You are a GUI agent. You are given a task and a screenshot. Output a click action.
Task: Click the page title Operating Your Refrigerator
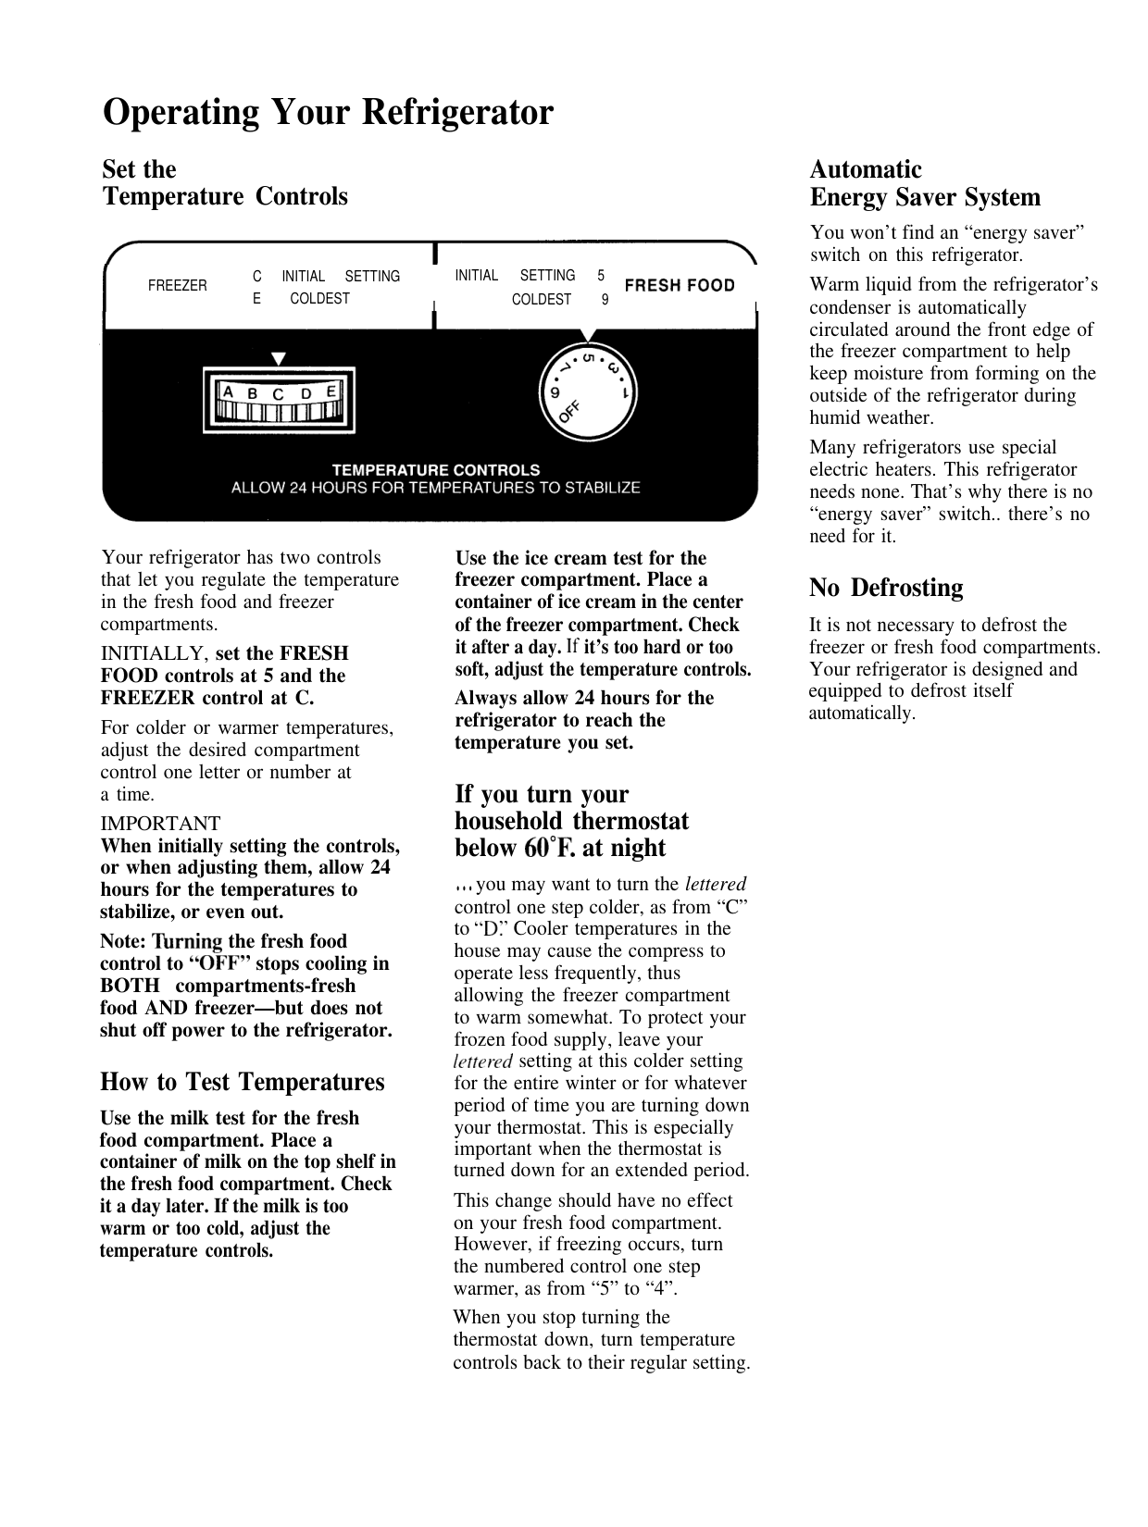click(328, 113)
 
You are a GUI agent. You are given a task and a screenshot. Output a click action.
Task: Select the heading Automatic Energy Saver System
click(924, 183)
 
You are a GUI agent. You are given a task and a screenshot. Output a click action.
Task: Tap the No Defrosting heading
click(885, 588)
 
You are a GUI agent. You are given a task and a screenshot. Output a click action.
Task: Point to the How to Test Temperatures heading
click(242, 1082)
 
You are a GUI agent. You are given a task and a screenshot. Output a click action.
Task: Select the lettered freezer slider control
click(279, 400)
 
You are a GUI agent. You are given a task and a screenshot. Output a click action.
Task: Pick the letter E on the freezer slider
click(331, 391)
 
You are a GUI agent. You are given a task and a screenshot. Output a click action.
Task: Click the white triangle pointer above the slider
click(279, 358)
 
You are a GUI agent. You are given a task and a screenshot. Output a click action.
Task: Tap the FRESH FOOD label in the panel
click(680, 286)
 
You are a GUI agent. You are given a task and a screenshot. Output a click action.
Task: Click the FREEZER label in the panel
click(178, 286)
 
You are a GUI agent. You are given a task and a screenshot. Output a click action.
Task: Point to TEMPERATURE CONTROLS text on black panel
click(435, 470)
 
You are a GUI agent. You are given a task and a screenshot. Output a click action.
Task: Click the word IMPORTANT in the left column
click(160, 824)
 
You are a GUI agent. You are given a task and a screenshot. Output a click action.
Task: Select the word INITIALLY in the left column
click(154, 653)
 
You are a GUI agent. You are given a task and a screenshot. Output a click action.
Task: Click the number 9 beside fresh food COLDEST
click(605, 300)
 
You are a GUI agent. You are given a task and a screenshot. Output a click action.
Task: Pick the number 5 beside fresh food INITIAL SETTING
click(601, 276)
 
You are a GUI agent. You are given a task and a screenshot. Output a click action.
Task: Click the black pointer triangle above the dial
click(585, 334)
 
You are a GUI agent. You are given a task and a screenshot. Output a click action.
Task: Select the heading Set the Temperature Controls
click(224, 183)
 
